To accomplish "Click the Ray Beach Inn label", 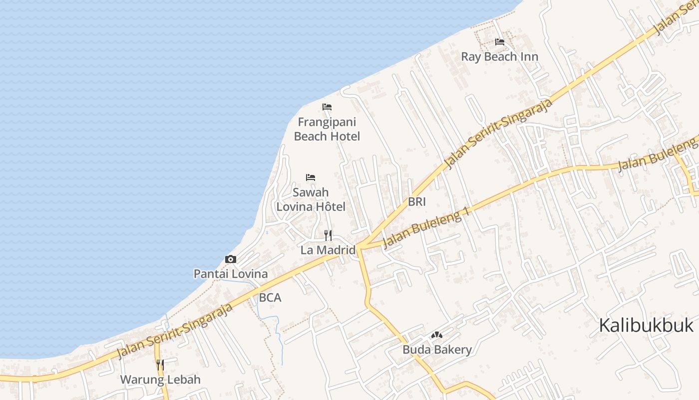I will tap(499, 56).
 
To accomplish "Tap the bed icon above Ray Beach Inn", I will tap(499, 42).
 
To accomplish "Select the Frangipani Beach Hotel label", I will tap(327, 129).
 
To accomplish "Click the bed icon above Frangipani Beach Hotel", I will tap(327, 107).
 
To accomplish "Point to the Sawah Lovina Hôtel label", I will tap(311, 199).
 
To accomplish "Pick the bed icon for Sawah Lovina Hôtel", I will tap(311, 177).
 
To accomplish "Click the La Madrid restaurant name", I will tap(328, 250).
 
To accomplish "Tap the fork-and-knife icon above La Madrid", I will tap(328, 235).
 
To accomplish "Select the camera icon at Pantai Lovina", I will tap(231, 259).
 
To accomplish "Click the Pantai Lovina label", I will tap(231, 274).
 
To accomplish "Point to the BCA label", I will tap(270, 298).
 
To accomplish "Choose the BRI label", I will tap(417, 202).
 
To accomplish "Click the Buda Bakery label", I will tap(437, 349).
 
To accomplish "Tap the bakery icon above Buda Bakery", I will tap(437, 334).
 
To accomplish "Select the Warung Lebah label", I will tap(160, 379).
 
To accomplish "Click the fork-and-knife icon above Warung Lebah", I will tap(160, 364).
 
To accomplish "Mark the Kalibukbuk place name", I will tap(646, 325).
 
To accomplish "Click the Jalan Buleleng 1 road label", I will tap(427, 227).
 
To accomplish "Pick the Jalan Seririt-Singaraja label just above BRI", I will tap(498, 133).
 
